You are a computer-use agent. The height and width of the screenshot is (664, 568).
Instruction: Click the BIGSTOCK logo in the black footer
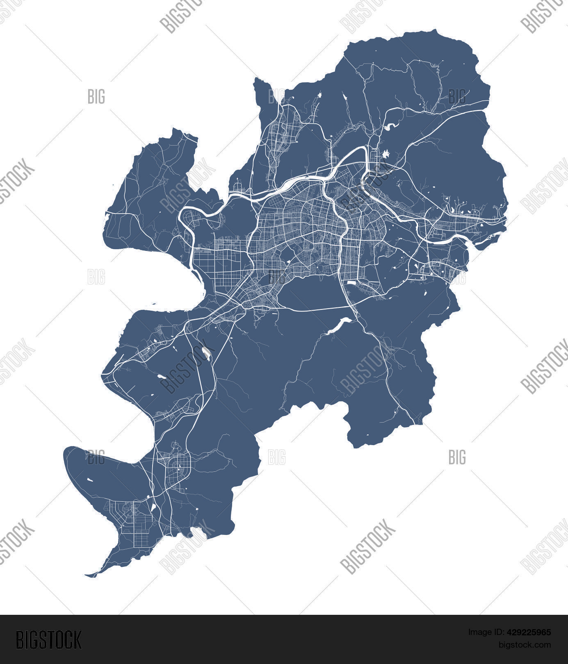48,639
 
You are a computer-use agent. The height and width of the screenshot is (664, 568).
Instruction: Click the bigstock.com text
525,645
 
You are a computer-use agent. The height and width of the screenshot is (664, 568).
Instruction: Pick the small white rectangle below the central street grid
351,282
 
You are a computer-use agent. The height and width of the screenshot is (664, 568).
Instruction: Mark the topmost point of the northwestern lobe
176,129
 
